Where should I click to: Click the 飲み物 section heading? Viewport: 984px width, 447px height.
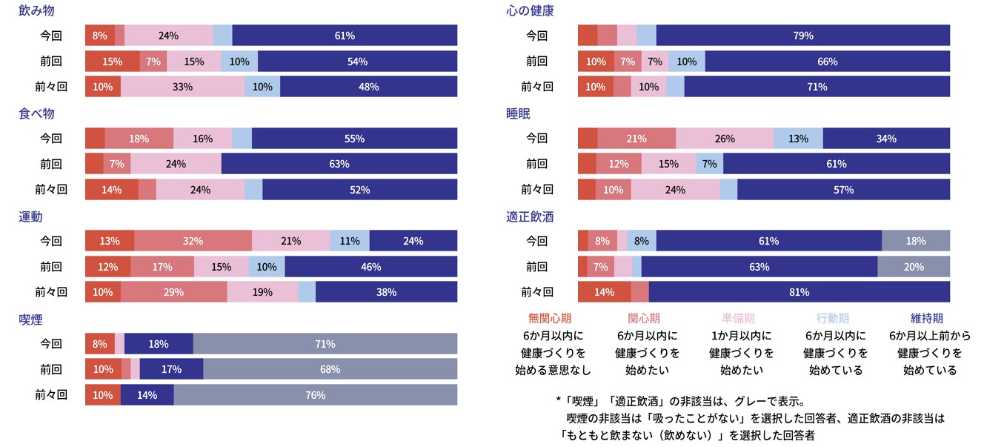[36, 12]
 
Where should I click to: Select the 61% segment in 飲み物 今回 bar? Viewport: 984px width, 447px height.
[345, 36]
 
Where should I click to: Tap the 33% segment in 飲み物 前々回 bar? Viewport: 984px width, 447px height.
[182, 87]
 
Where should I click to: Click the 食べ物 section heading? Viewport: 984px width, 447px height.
[36, 114]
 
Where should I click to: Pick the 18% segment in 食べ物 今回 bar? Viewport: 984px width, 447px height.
[139, 139]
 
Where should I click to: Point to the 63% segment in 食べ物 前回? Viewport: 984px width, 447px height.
[339, 164]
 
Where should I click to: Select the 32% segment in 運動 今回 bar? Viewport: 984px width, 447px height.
[193, 241]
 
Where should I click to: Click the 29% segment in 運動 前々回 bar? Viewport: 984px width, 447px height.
[173, 292]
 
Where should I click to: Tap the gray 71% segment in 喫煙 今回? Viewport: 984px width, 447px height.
[325, 344]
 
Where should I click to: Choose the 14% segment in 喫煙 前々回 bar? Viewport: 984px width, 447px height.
[147, 395]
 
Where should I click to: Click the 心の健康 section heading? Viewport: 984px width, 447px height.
[531, 12]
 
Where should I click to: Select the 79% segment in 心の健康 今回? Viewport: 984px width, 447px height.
[803, 36]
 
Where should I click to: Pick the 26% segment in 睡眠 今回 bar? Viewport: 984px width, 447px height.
[725, 139]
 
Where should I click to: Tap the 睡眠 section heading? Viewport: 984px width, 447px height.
[519, 114]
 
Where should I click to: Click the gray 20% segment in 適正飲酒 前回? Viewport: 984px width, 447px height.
[914, 267]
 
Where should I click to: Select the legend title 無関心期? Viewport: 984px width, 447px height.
[550, 318]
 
